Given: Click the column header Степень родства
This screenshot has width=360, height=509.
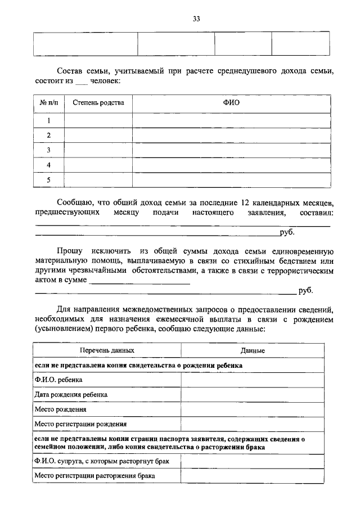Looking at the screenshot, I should pos(98,103).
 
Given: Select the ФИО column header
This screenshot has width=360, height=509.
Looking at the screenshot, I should pos(231,103).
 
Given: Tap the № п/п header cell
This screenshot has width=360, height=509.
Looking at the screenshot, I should pos(48,103).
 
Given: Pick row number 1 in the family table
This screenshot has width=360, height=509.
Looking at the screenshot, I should pos(48,120).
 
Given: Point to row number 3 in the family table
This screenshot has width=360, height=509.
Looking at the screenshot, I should pos(48,150).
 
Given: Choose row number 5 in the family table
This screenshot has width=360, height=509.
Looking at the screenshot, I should pos(48,180).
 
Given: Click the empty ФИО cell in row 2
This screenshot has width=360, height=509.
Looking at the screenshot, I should pos(231,136).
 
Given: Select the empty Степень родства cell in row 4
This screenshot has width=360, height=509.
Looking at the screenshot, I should pos(98,165).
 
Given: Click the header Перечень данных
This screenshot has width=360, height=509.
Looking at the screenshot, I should pos(107,350).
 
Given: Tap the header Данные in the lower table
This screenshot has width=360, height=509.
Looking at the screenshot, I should pos(253,350).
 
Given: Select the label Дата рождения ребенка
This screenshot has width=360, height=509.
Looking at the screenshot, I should pos(71,395).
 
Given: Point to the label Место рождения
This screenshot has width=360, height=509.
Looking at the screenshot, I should pos(60,409).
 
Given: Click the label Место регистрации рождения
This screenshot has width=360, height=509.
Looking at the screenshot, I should pos(80,424).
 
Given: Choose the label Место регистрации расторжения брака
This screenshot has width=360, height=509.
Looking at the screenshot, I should pos(94,476).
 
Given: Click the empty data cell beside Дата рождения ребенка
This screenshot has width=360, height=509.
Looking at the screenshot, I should pos(253,395).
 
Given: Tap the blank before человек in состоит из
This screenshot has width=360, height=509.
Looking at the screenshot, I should pos(81,83).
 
